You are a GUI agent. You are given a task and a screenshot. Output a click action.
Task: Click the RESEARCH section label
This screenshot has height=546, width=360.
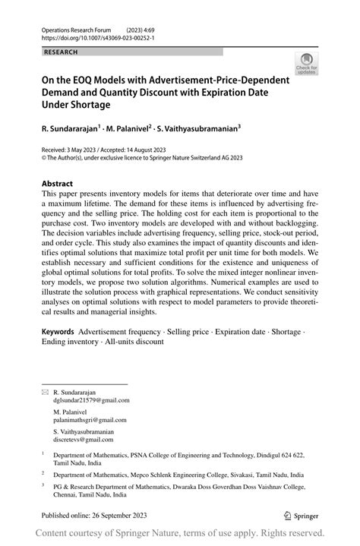pyautogui.click(x=62, y=52)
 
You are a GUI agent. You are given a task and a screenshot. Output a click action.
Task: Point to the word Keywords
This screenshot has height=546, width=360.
pyautogui.click(x=58, y=332)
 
